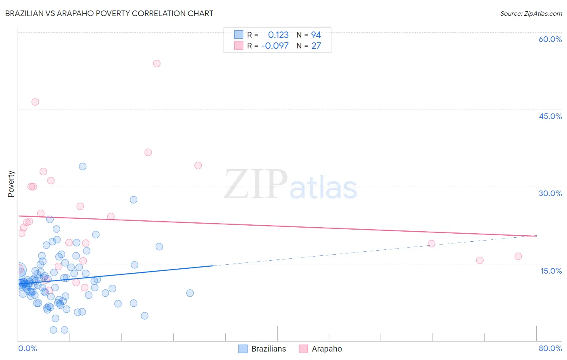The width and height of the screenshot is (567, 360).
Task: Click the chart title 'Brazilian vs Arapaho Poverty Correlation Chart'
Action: point(109,13)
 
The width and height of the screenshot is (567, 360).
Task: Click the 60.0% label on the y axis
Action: point(550,39)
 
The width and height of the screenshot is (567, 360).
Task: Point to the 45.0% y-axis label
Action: point(550,116)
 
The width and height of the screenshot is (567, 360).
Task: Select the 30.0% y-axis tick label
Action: point(550,193)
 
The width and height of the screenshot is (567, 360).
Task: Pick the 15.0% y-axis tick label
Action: point(551,271)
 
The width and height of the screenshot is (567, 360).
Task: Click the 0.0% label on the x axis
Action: point(27,348)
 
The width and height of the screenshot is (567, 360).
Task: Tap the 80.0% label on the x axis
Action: point(550,348)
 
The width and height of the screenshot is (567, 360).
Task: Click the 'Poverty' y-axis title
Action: point(11,184)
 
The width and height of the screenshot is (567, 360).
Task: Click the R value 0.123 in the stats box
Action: point(278,35)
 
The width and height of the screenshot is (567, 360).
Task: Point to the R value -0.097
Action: point(275,46)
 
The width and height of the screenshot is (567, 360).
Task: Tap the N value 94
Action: point(316,35)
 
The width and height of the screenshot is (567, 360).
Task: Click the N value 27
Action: point(316,46)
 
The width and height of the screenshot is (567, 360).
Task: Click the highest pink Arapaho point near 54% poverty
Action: point(157,63)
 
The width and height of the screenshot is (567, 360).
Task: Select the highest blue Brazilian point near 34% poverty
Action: point(83,166)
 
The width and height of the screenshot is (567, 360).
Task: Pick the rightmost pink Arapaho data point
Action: point(518,256)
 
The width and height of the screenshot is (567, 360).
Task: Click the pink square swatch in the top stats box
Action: point(239,46)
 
